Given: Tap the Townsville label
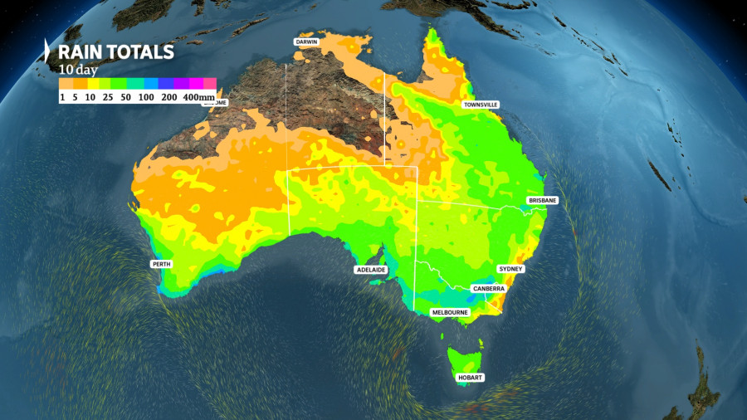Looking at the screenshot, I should click(x=481, y=105).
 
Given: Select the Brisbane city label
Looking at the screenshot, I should click(x=542, y=201).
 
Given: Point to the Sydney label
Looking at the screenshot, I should click(x=510, y=269).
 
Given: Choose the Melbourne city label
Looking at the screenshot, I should click(x=450, y=312).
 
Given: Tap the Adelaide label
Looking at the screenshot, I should click(x=369, y=270).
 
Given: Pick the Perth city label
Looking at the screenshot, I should click(x=161, y=264).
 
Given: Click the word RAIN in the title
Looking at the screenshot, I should click(x=81, y=52).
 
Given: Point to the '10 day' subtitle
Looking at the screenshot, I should click(x=76, y=70).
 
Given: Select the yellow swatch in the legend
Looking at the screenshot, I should click(x=95, y=83).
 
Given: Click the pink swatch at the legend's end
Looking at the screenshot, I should click(x=210, y=83).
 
